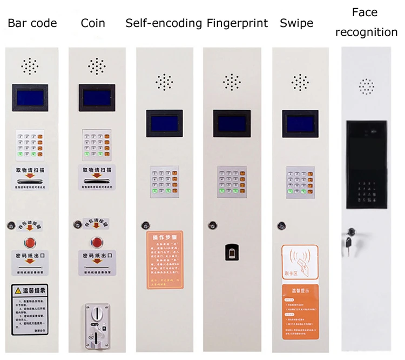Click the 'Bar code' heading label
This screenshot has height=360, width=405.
32,23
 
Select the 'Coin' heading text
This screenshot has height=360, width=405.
93,23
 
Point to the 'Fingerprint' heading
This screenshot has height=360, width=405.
237,23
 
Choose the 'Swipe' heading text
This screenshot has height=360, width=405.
296,23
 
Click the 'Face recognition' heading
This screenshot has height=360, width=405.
366,22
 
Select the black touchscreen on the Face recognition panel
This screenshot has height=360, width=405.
367,165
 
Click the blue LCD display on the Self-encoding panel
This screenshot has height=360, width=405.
164,122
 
